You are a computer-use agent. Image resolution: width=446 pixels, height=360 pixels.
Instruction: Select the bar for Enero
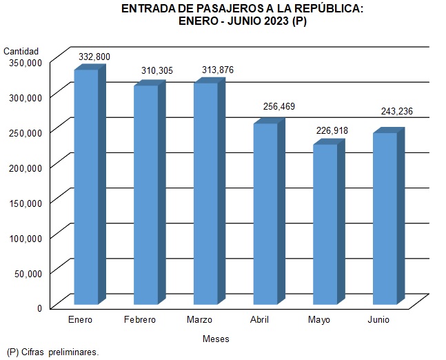[x=86, y=186]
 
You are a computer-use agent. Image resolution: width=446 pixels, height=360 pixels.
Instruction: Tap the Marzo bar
[x=205, y=193]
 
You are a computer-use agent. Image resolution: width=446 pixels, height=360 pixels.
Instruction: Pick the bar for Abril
[x=265, y=213]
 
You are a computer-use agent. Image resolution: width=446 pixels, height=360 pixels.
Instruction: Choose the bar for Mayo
[x=325, y=223]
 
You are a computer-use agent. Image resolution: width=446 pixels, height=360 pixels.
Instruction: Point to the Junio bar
[x=385, y=218]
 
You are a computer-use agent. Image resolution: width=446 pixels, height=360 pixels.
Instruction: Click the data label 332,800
[x=94, y=56]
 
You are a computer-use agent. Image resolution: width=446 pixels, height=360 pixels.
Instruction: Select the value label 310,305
[x=154, y=71]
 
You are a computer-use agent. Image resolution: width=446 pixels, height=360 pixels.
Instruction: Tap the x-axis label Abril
[x=259, y=320]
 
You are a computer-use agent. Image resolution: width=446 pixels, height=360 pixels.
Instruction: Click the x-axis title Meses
[x=216, y=339]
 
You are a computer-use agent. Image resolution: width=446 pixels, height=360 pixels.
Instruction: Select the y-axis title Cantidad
[x=21, y=51]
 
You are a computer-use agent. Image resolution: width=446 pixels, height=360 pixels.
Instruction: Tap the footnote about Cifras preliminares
[x=53, y=352]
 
